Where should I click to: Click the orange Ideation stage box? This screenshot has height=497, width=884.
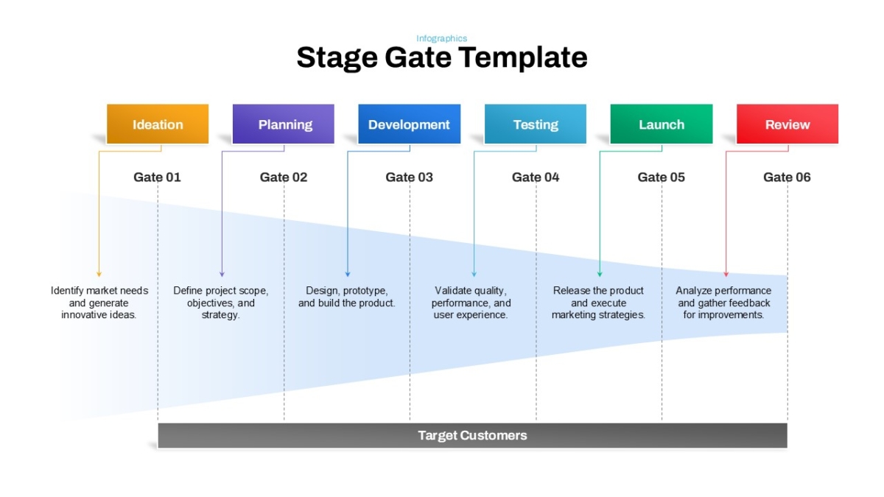point(158,124)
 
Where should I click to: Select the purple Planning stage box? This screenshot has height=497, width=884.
point(284,124)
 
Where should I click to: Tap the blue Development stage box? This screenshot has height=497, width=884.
point(410,124)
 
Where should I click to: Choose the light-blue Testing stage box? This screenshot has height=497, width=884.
point(536,124)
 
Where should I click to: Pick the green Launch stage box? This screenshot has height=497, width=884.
point(662,124)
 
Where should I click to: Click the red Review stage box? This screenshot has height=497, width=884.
point(787,124)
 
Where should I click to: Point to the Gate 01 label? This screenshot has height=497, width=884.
point(157,177)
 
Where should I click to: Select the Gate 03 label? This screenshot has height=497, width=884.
point(410,177)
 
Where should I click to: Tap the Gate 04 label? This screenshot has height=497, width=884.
point(536,177)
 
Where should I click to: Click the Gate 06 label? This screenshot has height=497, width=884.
point(787,177)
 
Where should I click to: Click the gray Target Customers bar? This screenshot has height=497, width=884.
point(472,435)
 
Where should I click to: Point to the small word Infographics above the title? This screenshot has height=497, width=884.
point(441,38)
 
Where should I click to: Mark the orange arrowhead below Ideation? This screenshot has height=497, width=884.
point(99,274)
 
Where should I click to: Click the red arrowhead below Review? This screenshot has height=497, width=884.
point(726,274)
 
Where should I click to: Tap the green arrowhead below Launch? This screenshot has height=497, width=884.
point(600,274)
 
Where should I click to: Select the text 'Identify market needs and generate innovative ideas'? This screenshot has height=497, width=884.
point(99,303)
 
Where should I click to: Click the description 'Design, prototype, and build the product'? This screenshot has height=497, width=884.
point(346,297)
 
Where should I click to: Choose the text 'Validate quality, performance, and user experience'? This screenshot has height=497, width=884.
point(471,303)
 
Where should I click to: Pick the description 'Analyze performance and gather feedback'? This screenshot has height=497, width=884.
point(723,303)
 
